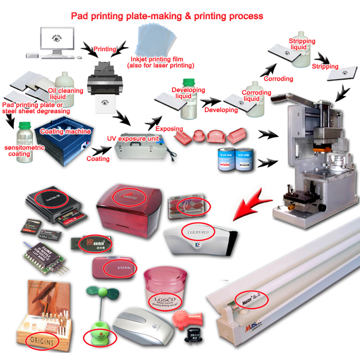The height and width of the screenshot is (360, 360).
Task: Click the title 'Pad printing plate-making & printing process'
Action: (167, 16)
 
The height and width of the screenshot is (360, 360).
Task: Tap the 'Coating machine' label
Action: (65, 131)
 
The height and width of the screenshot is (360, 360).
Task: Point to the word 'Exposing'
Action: (169, 129)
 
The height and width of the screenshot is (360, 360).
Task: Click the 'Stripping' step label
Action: (325, 66)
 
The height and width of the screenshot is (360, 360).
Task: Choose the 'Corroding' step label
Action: (278, 78)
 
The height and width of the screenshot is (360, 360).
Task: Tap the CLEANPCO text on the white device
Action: (198, 231)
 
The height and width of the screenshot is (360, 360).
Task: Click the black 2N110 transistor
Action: (192, 334)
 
